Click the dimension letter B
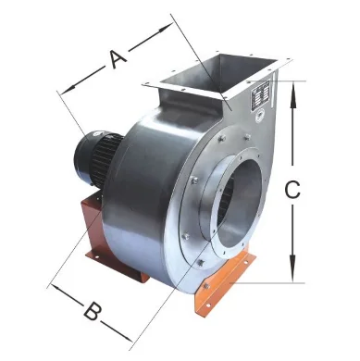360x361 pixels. [x=91, y=310]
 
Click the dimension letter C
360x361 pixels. [x=291, y=190]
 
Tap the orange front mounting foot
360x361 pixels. [x=222, y=287]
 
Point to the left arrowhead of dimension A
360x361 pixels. [x=63, y=91]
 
